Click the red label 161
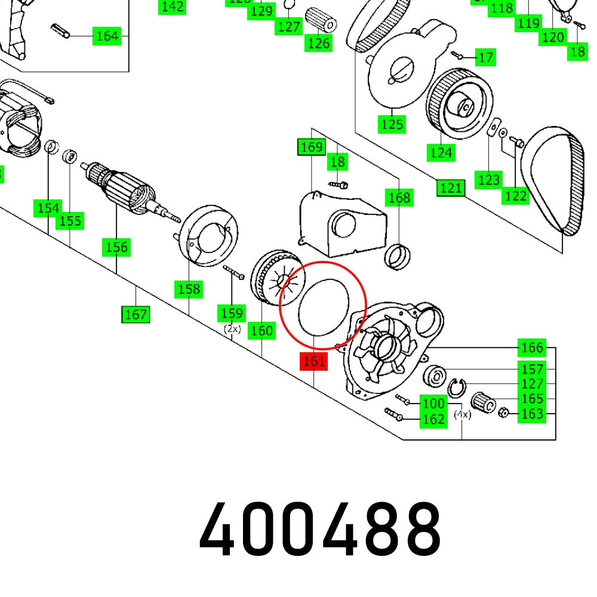coord(314,361)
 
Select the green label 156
coord(116,247)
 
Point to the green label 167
coord(136,314)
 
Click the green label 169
coord(311,147)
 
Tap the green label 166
coord(531,347)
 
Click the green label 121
coord(450,188)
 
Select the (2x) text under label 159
coord(232,328)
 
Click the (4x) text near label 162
coord(462,414)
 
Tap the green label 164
coord(107,36)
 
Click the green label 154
coord(48,208)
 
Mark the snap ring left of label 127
coord(457,387)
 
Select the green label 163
coord(531,413)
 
